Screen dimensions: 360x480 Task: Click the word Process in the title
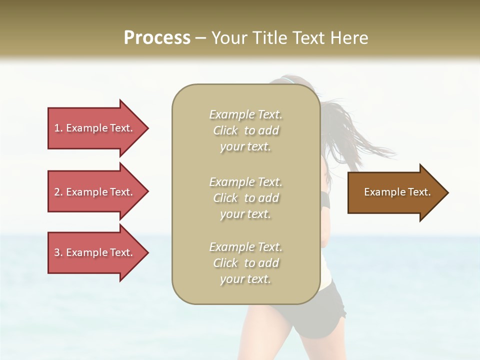pos(157,38)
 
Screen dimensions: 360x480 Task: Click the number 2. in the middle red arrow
pos(58,192)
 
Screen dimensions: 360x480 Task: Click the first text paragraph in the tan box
pos(245,130)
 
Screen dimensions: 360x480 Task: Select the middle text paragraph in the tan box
pos(245,198)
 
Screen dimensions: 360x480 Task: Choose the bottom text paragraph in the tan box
pos(245,263)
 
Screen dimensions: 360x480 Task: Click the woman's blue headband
pos(287,80)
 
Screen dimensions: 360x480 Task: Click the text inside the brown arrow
pos(397,192)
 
